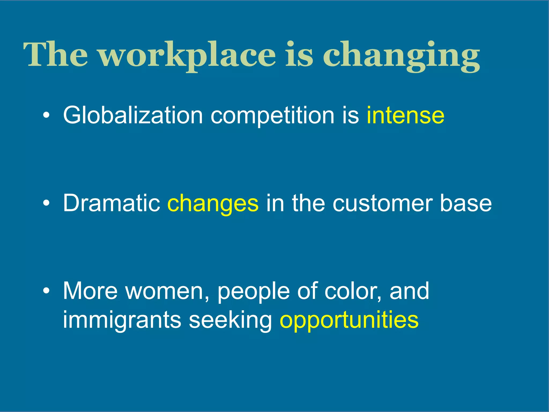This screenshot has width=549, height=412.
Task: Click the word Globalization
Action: pyautogui.click(x=133, y=115)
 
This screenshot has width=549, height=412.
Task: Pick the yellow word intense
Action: pyautogui.click(x=405, y=115)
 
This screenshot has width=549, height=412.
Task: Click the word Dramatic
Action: pyautogui.click(x=112, y=203)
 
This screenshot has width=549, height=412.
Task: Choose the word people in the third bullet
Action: pyautogui.click(x=253, y=292)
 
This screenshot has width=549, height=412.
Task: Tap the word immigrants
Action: pyautogui.click(x=122, y=320)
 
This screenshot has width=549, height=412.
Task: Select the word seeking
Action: pyautogui.click(x=231, y=320)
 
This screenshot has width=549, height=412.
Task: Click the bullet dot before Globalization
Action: pyautogui.click(x=46, y=115)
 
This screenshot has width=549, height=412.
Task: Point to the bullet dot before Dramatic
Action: pyautogui.click(x=46, y=203)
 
